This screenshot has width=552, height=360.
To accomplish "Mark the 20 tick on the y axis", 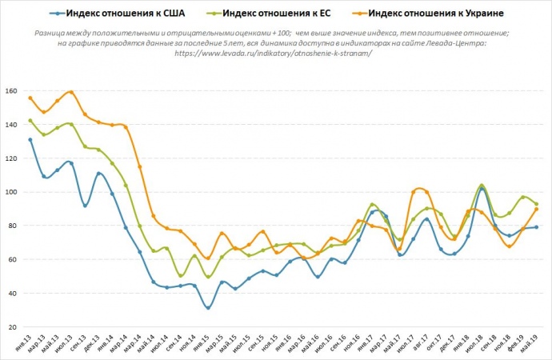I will pyautogui.click(x=14, y=327).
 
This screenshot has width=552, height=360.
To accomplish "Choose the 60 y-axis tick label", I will pyautogui.click(x=14, y=260).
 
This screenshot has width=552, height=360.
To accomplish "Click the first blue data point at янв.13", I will pyautogui.click(x=30, y=140).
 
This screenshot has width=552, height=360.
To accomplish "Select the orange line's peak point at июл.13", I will pyautogui.click(x=71, y=92).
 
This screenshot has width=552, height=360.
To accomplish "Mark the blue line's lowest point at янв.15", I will pyautogui.click(x=208, y=308).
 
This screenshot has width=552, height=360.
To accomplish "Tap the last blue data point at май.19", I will pyautogui.click(x=536, y=227).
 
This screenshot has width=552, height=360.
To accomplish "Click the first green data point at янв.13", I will pyautogui.click(x=30, y=121).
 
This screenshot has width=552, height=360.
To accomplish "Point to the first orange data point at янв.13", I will pyautogui.click(x=30, y=98).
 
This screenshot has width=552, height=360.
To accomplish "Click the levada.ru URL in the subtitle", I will pyautogui.click(x=272, y=54).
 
